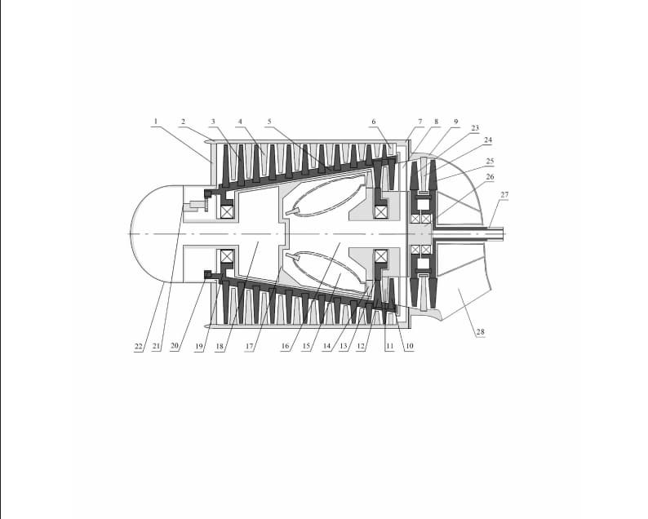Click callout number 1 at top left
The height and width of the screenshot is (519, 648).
155,122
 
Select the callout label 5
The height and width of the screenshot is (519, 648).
269,122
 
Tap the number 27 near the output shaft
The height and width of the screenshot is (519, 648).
504,194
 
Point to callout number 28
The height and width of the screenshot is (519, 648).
479,332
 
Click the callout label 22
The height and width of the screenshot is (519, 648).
139,347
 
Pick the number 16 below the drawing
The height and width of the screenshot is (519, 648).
285,347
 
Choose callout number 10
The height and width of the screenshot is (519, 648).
409,347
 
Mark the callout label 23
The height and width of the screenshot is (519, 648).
475,128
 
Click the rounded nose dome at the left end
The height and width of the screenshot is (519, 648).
151,233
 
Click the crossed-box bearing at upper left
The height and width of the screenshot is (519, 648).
226,211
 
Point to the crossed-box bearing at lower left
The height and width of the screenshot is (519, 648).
226,256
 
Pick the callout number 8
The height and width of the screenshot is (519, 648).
436,122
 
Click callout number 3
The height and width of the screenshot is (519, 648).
213,122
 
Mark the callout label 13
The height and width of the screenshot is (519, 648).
344,347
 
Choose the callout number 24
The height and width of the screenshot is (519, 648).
488,140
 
